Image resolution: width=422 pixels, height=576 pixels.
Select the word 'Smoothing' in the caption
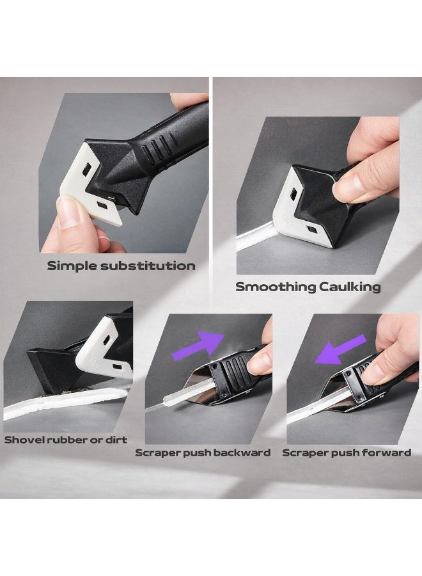pyautogui.click(x=275, y=287)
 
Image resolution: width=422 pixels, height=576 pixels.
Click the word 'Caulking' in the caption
pyautogui.click(x=350, y=287)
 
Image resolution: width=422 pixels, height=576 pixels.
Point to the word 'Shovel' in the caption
pyautogui.click(x=21, y=440)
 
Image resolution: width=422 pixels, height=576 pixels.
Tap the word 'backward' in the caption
pyautogui.click(x=242, y=452)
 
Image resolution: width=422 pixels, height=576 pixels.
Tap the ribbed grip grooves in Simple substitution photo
pyautogui.click(x=157, y=147)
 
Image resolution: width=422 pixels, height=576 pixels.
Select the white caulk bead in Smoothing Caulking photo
pyautogui.click(x=257, y=236)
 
